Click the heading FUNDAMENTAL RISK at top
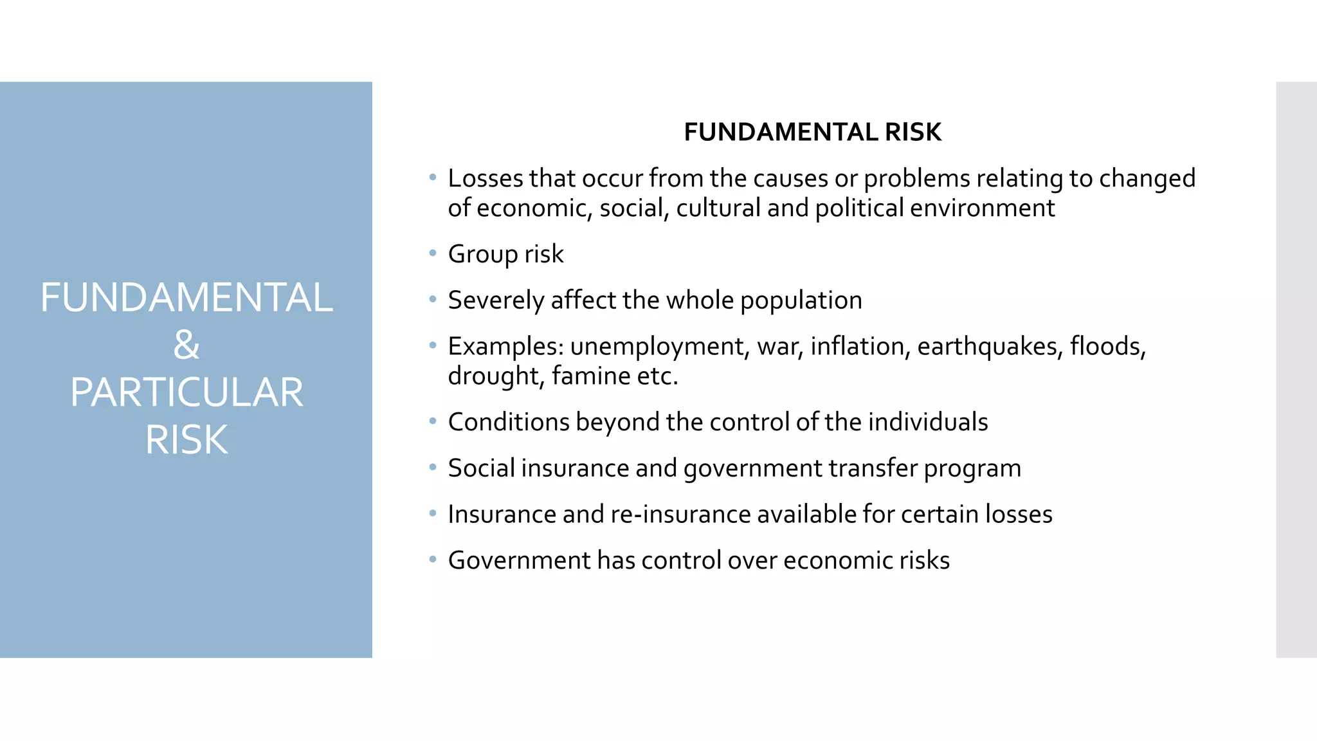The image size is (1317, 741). click(812, 133)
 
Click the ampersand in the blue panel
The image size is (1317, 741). click(186, 345)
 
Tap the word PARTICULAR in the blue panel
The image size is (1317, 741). click(186, 393)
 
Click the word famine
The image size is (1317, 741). click(591, 376)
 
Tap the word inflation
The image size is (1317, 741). click(860, 347)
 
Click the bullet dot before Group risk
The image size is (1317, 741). click(433, 253)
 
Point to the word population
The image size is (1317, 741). click(801, 301)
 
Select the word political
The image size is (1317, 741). click(859, 208)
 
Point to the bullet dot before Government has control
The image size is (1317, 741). click(433, 559)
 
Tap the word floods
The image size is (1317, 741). click(1107, 347)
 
